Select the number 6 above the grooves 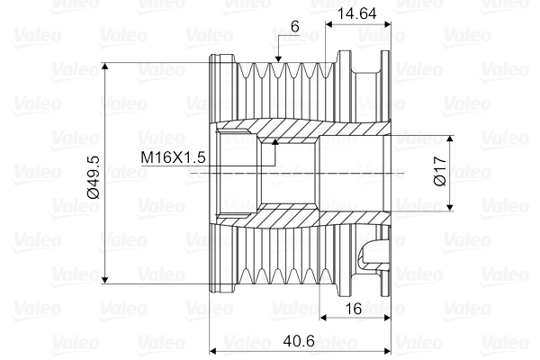(x=294, y=27)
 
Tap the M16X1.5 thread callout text (x=175, y=157)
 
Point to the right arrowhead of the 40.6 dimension (x=391, y=349)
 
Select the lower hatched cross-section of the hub (x=306, y=219)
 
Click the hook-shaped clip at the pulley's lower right (x=373, y=254)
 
